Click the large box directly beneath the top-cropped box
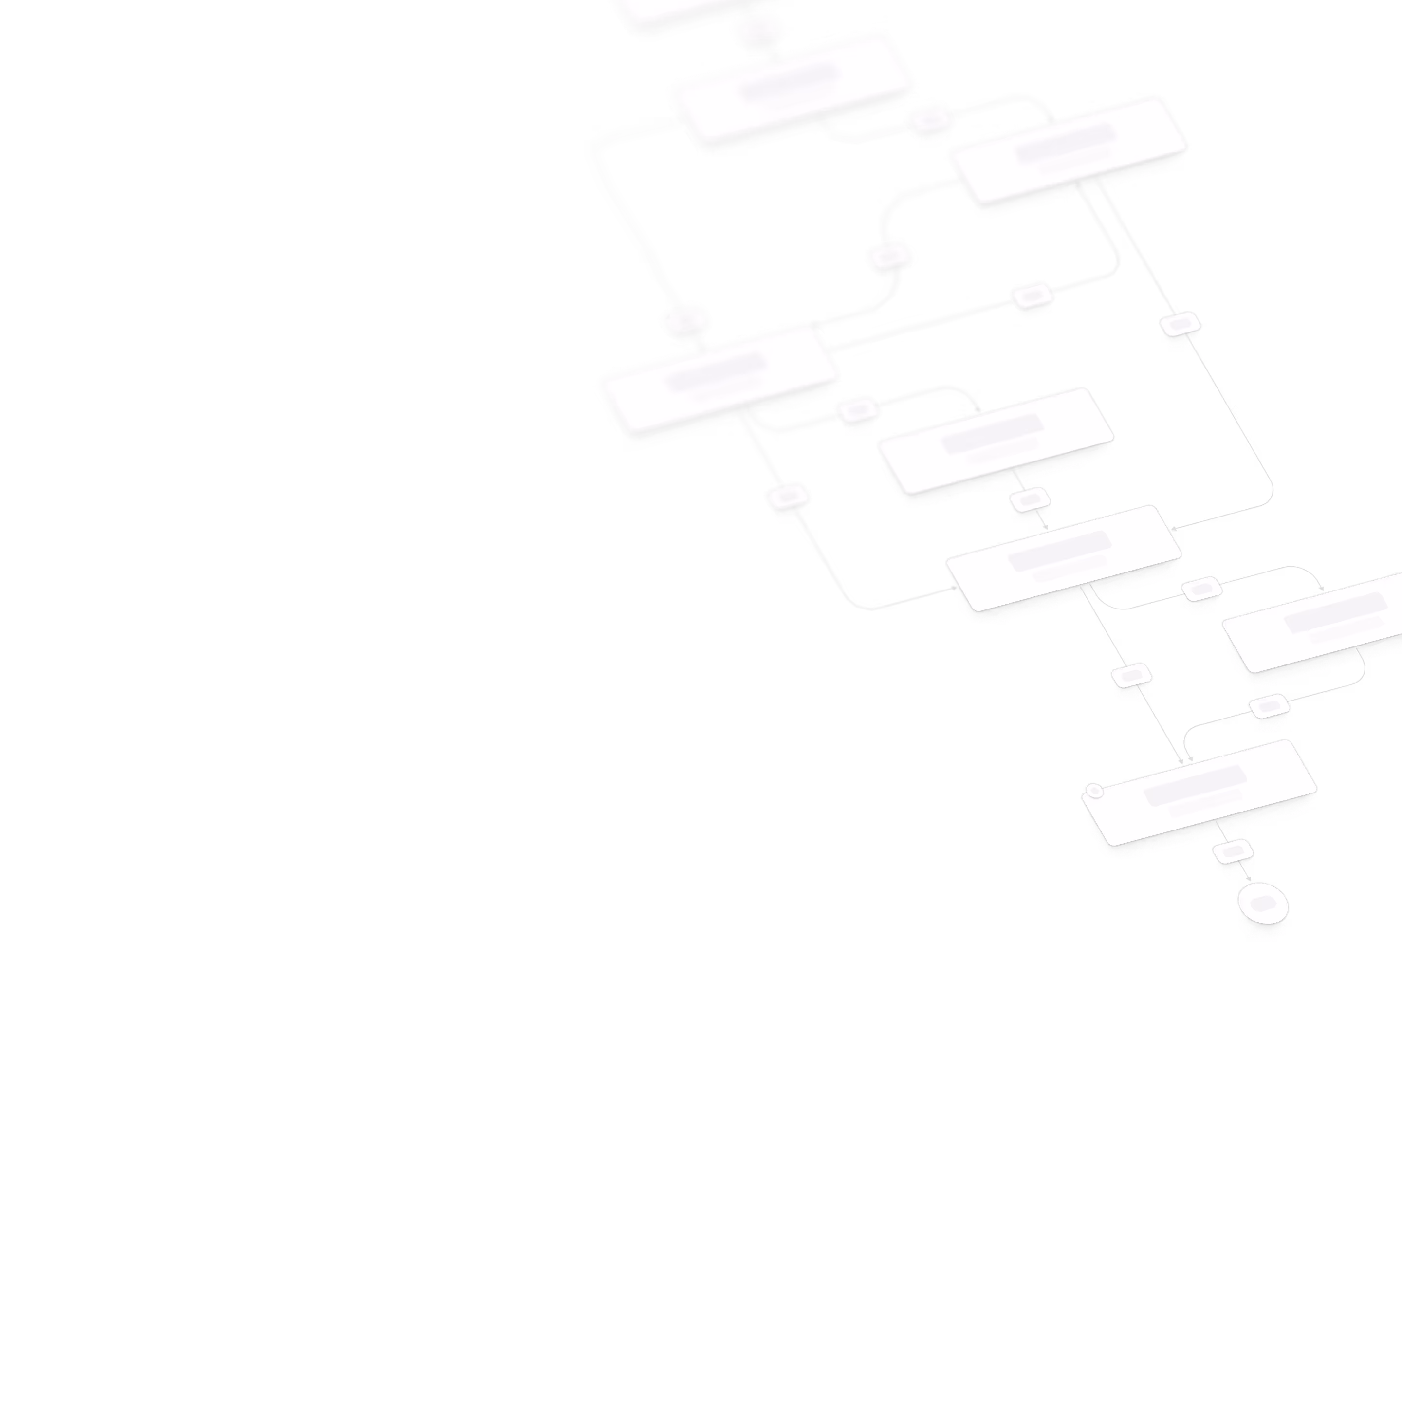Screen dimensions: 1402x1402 point(791,91)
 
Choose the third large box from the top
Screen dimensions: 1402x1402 point(1067,152)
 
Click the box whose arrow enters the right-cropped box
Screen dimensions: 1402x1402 point(1063,559)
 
